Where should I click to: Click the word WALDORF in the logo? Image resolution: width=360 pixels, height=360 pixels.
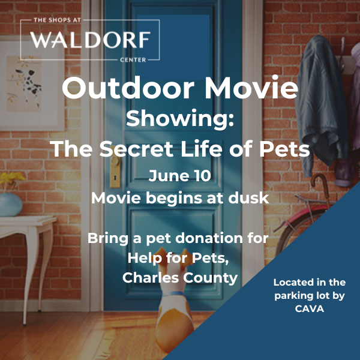point(90,40)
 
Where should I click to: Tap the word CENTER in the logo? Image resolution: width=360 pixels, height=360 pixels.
point(133,60)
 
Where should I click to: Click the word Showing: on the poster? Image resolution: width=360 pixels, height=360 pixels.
point(180,119)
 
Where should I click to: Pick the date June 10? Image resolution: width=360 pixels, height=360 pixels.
point(180,176)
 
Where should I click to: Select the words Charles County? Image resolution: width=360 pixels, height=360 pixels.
point(180,278)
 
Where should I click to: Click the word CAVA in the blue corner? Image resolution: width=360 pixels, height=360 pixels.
point(310,309)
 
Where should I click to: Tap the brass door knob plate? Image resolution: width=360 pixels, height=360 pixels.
point(115,170)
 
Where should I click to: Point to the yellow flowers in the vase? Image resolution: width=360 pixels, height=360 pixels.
point(11,179)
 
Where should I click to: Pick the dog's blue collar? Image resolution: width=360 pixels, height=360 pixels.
point(174,293)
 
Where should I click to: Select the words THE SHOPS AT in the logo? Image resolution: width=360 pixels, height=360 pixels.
point(58,20)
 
